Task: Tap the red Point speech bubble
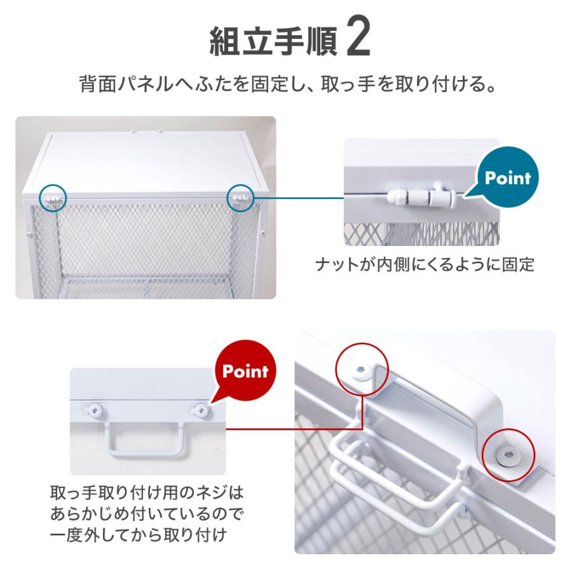coord(245,371)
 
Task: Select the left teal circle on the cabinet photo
coord(51,198)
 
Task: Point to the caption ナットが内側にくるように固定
coord(425,264)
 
